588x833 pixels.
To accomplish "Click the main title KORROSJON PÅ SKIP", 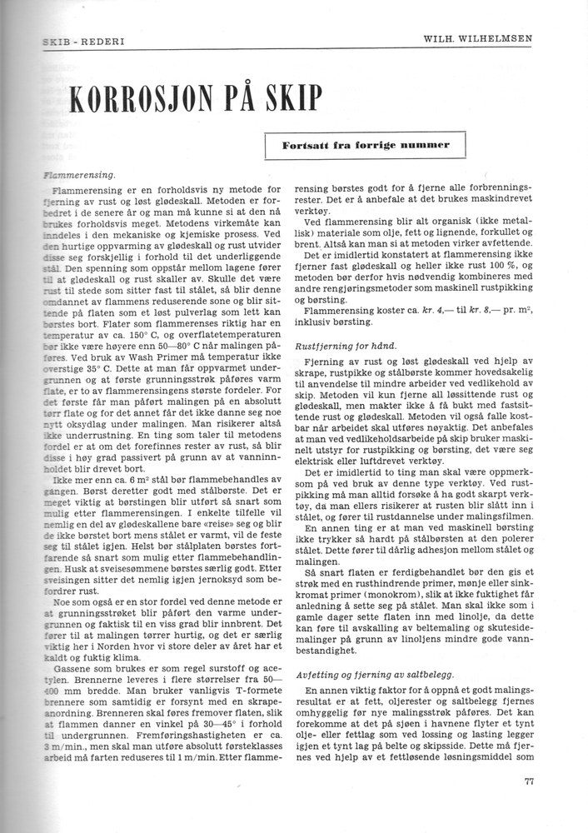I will click(193, 99).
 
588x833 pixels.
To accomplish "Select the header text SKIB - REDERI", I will click(77, 41).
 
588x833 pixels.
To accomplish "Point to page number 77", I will click(530, 781).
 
